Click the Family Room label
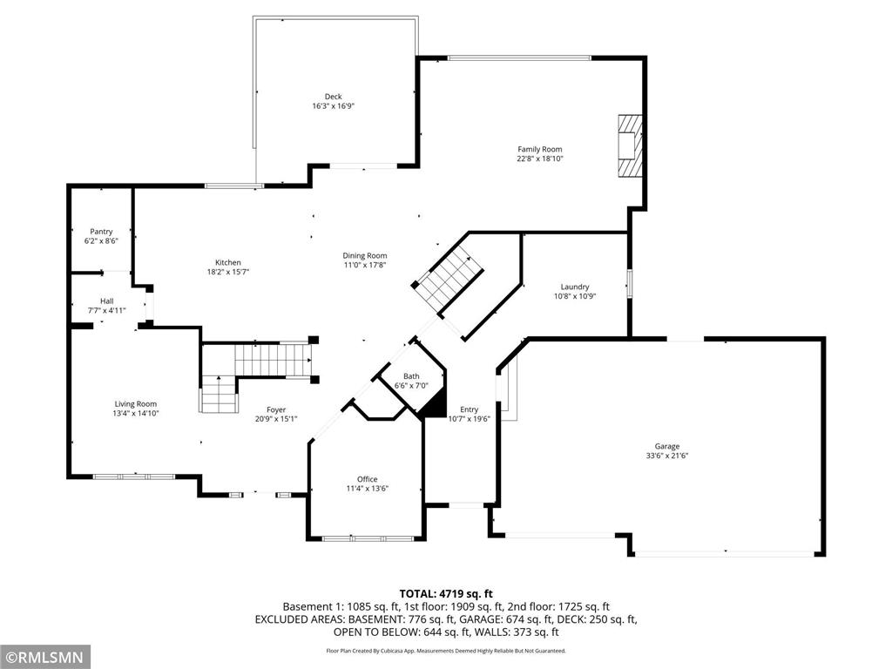pos(540,149)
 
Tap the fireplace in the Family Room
pos(629,145)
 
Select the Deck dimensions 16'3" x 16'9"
pos(334,106)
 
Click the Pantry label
pos(101,232)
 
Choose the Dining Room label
pos(364,255)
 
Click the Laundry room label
pos(575,287)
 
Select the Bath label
pos(411,376)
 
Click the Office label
pos(367,479)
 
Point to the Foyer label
pos(275,409)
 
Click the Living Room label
pos(136,403)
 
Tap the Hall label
pos(106,301)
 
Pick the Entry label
pos(470,409)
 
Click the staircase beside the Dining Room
pos(448,278)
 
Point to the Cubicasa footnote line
pos(445,651)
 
